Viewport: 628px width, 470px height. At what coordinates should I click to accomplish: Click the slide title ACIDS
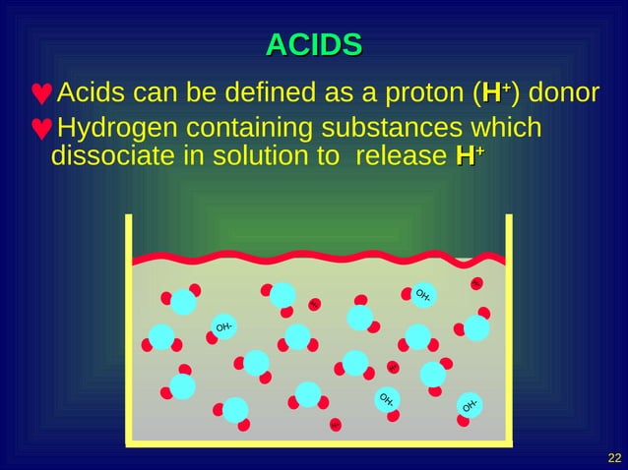314,45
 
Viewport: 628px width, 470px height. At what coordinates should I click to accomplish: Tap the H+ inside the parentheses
493,93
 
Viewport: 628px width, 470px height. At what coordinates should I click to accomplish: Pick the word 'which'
508,129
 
